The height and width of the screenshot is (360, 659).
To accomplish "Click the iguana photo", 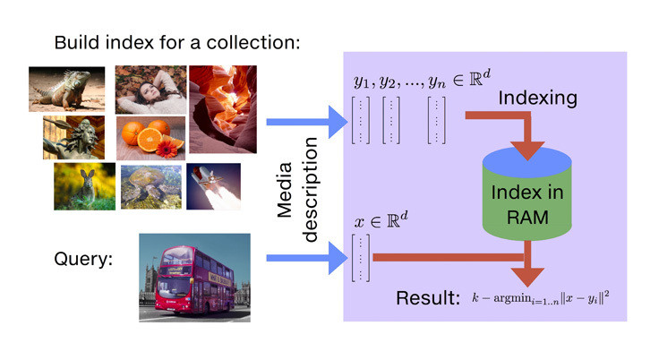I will click(x=67, y=90).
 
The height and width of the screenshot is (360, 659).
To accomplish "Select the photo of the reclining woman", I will click(x=150, y=89).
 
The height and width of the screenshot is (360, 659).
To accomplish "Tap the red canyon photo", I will click(x=223, y=107).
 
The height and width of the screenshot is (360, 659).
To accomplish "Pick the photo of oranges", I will click(x=151, y=138).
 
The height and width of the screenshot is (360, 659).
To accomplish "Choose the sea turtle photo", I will click(x=150, y=185).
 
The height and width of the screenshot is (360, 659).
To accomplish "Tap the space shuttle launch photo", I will click(x=213, y=185).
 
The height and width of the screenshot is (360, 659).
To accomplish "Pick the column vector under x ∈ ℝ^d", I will click(x=361, y=257).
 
